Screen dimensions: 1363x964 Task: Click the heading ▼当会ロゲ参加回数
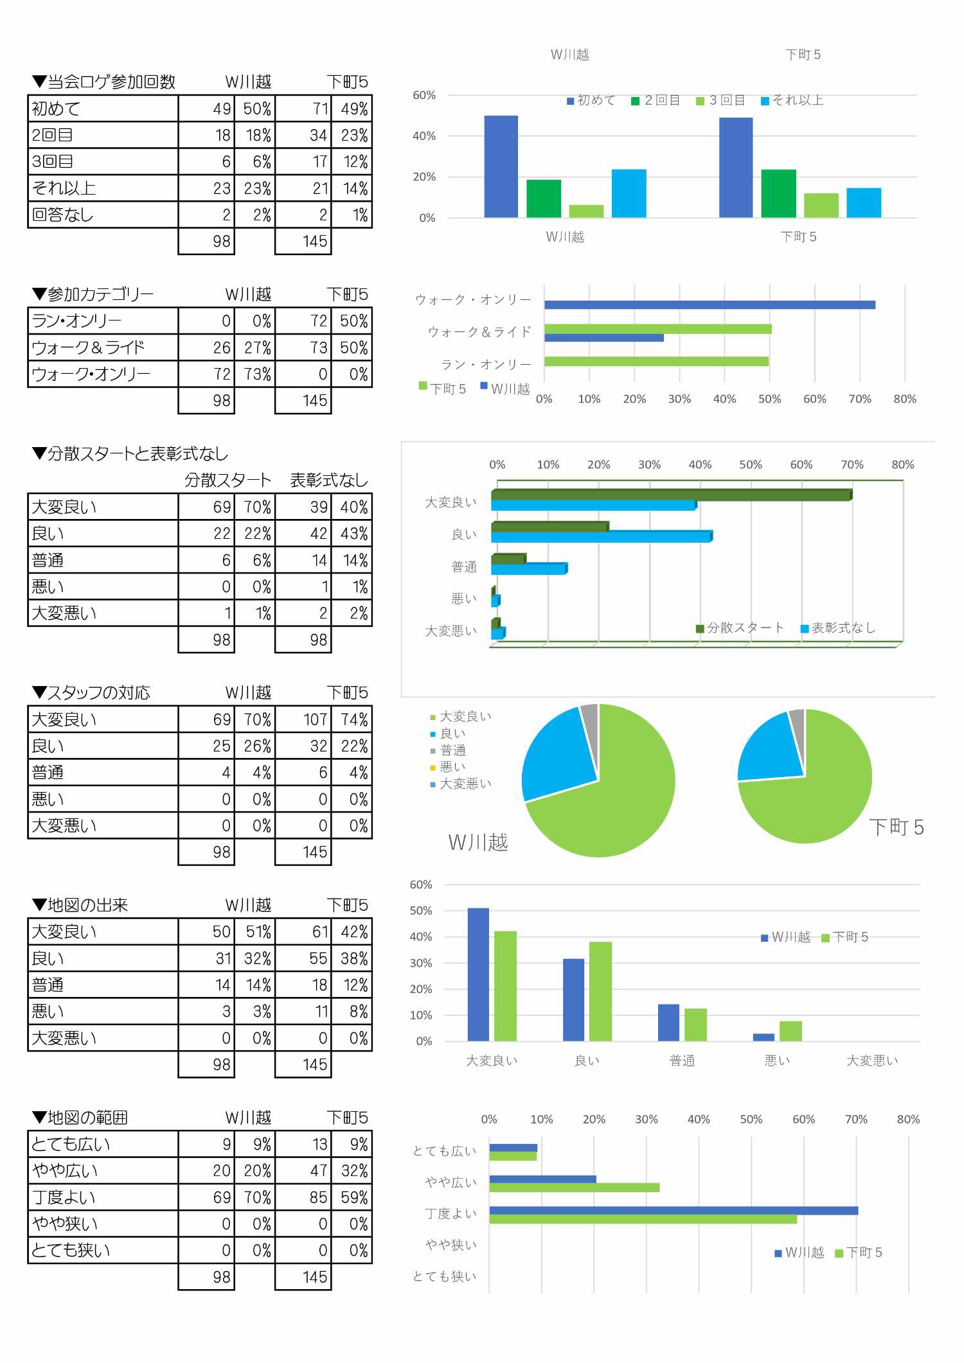click(103, 82)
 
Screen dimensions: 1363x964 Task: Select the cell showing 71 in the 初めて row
click(303, 109)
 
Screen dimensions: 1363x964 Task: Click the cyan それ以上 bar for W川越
click(629, 193)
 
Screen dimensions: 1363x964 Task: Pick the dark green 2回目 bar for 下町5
click(778, 193)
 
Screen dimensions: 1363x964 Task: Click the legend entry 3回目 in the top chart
click(720, 100)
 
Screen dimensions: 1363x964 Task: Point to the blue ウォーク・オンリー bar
click(709, 304)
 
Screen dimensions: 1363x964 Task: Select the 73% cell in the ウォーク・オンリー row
click(255, 374)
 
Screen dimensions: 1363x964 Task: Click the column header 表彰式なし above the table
click(328, 480)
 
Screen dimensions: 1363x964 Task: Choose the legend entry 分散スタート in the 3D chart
click(740, 628)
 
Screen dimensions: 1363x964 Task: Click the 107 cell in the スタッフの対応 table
click(303, 719)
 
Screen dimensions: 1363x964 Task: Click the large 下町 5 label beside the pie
click(896, 827)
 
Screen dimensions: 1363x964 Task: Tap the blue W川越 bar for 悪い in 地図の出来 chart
click(763, 1037)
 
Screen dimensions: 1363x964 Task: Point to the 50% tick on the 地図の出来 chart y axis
click(421, 910)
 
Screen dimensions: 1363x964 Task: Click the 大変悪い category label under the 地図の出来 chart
click(871, 1060)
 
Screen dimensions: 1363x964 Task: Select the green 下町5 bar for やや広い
click(574, 1188)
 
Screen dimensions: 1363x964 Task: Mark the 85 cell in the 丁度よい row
click(303, 1197)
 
